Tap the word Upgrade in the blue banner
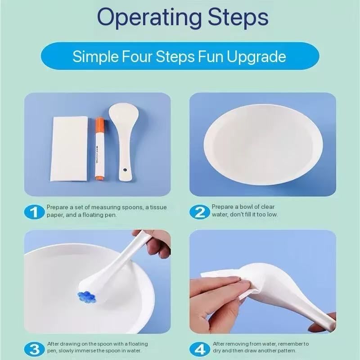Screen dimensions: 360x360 256,57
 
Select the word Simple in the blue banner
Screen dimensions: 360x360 95,57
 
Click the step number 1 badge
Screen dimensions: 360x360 34,212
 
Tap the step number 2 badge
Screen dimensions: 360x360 199,211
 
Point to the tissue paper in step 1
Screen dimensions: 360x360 69,149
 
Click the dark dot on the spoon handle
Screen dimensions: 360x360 125,170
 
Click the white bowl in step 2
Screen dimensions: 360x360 263,145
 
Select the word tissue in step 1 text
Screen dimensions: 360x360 158,207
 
